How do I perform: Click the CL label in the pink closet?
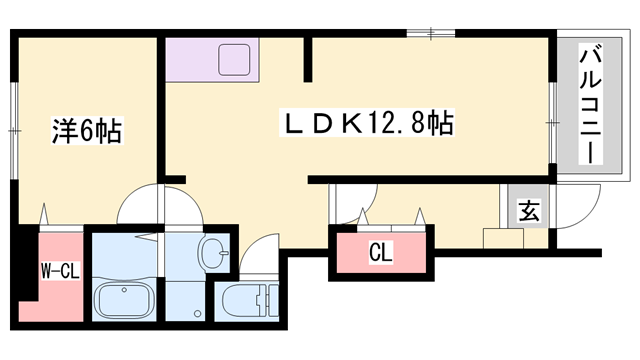pyautogui.click(x=380, y=253)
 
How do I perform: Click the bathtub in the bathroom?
pyautogui.click(x=124, y=299)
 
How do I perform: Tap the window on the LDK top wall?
pyautogui.click(x=432, y=35)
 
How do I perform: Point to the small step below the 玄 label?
pyautogui.click(x=501, y=238)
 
